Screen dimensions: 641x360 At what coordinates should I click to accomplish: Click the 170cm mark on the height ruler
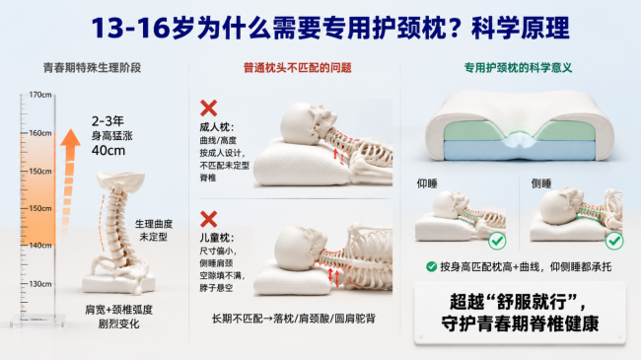[40, 95]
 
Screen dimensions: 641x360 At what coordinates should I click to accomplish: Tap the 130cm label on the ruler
[40, 283]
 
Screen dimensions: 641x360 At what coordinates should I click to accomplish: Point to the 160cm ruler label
[40, 133]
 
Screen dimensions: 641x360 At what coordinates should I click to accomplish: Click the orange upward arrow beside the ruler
[69, 184]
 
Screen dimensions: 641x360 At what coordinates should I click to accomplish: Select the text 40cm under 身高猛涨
[108, 151]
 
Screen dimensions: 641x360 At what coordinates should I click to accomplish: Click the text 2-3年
[107, 121]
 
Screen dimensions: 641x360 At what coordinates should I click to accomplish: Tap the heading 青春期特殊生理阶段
[92, 67]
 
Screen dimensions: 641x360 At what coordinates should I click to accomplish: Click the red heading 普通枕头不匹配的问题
[297, 67]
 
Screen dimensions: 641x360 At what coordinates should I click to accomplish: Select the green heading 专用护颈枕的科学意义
[518, 67]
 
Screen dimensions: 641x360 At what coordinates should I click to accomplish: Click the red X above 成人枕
[208, 108]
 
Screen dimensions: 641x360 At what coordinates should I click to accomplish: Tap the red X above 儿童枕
[208, 219]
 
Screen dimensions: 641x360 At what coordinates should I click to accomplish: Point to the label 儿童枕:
[217, 238]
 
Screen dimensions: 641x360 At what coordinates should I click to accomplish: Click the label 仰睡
[427, 183]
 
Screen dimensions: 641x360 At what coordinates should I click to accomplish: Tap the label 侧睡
[541, 183]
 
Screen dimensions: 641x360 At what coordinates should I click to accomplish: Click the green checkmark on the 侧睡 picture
[614, 241]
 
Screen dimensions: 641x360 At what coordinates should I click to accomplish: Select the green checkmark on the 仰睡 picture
[497, 241]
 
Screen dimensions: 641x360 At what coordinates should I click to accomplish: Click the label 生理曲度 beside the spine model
[154, 224]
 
